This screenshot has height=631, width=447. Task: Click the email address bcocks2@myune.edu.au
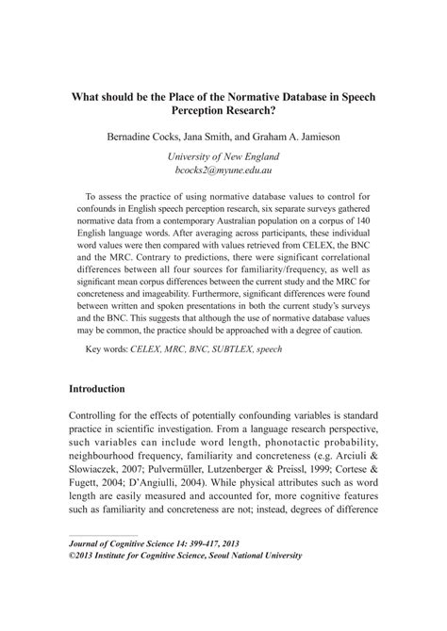pos(223,171)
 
